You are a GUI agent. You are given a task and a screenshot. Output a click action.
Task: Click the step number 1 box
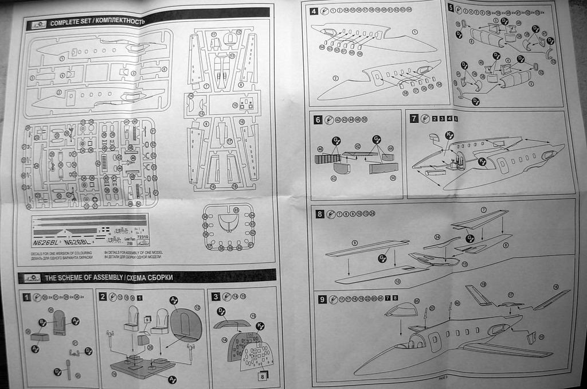click(x=26, y=297)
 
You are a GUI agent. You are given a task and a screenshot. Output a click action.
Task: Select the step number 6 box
click(x=318, y=120)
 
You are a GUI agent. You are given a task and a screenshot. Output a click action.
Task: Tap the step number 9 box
click(x=322, y=299)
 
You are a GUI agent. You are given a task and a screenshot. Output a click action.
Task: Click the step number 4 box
click(x=314, y=11)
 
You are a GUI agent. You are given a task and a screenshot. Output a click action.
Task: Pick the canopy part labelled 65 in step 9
click(x=401, y=310)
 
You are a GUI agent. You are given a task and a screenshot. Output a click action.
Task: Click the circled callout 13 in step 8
click(x=464, y=264)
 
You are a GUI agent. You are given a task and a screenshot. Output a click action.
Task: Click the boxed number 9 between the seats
click(x=148, y=319)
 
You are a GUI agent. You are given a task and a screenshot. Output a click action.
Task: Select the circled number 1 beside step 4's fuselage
click(x=414, y=32)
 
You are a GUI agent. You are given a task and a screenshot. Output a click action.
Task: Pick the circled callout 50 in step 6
click(x=393, y=177)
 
